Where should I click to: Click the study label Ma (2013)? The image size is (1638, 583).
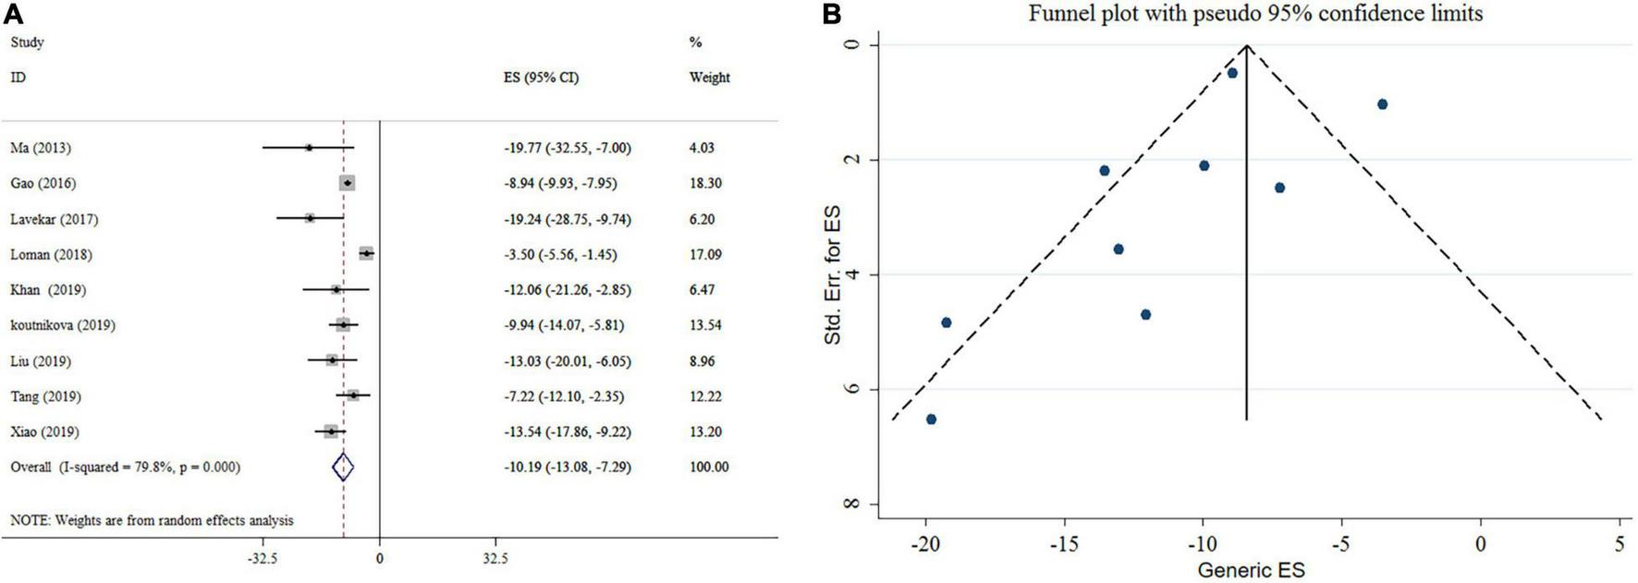click(x=40, y=148)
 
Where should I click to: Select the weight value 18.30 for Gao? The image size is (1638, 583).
click(x=705, y=183)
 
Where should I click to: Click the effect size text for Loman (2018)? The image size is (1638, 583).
click(x=559, y=254)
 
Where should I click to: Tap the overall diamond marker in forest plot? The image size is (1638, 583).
click(x=343, y=468)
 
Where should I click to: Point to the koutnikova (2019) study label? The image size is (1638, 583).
click(x=63, y=325)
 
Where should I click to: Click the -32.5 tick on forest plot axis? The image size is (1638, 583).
click(x=263, y=559)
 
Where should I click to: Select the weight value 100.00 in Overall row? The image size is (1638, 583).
click(x=709, y=468)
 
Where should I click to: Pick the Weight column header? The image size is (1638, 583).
click(x=709, y=78)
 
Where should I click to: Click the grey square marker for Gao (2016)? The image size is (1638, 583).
click(x=348, y=183)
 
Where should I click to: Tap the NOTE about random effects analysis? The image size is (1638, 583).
click(x=152, y=520)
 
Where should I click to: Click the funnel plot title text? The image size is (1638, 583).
click(x=1255, y=14)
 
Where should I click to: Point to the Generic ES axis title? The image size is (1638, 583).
click(x=1251, y=569)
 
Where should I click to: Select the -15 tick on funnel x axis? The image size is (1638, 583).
click(x=1064, y=544)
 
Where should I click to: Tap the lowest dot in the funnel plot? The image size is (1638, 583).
click(x=931, y=419)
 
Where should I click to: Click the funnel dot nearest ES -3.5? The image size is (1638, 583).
click(x=1382, y=104)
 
